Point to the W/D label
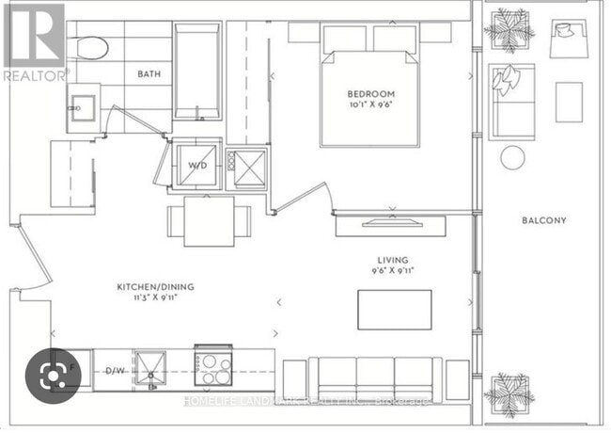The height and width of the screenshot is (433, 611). [x=197, y=165]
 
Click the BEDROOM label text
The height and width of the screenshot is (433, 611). [x=370, y=94]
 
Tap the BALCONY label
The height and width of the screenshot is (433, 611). [x=545, y=221]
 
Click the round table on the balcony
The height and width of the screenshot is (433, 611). [x=511, y=157]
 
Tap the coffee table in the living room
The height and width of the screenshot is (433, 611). [x=394, y=310]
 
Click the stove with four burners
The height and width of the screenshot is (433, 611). [x=215, y=366]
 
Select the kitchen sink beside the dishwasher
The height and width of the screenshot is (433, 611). [x=150, y=366]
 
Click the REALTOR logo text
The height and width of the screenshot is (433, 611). [x=35, y=72]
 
